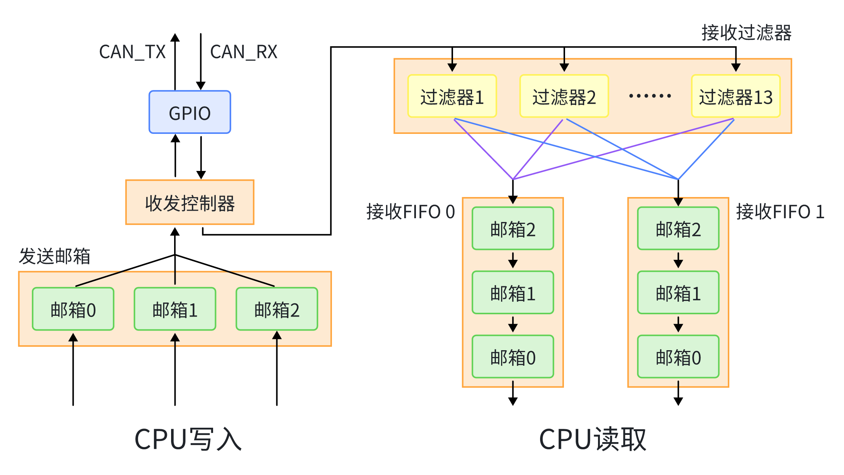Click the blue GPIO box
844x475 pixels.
coord(190,112)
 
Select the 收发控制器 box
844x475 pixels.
coord(190,202)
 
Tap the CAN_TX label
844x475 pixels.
coord(132,52)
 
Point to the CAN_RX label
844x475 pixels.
coord(244,52)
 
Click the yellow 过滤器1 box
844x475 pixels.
coord(452,96)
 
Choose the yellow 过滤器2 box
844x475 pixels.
coord(564,96)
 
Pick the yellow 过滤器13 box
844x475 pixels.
coord(735,96)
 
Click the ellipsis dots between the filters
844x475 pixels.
coord(650,96)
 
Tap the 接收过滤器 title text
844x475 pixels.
coord(746,33)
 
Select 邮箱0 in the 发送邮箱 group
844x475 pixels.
coord(73,309)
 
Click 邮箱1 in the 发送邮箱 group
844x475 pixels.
coord(175,309)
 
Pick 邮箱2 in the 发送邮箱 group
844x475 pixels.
coord(277,309)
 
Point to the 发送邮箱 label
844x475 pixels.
coord(55,256)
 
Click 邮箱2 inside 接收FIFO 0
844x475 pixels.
coord(513,229)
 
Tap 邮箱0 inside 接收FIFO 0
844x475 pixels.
coord(513,357)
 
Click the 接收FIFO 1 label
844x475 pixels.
coord(780,212)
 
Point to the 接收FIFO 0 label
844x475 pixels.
coord(410,212)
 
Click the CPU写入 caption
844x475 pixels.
coord(188,439)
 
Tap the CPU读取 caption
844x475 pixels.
coord(593,439)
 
